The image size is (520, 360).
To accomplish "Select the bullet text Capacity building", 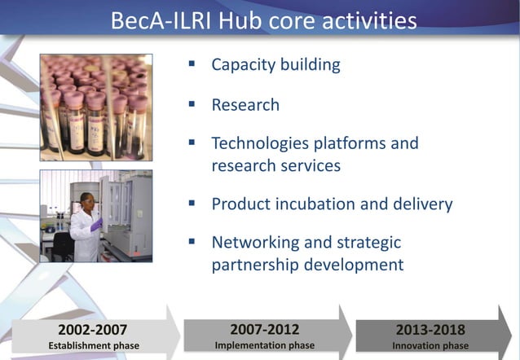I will pyautogui.click(x=275, y=64).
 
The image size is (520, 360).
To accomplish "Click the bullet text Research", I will pyautogui.click(x=245, y=105).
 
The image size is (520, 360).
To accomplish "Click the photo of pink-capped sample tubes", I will pyautogui.click(x=96, y=106).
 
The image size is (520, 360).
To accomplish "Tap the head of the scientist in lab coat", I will pyautogui.click(x=86, y=200).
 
